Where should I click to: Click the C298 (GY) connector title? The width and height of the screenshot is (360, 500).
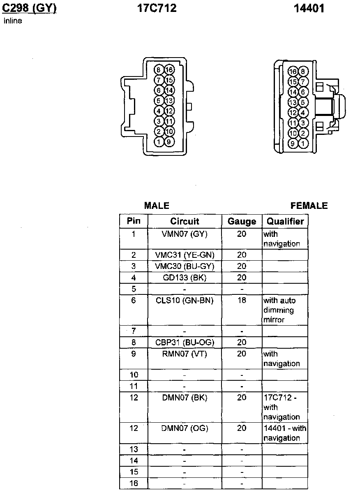29,8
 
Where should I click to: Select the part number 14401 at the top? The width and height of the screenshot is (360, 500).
309,8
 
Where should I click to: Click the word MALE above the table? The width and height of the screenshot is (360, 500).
157,206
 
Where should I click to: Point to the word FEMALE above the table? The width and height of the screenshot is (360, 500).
309,206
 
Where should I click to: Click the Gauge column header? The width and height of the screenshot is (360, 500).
242,222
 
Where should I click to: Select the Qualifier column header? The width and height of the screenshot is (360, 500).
285,222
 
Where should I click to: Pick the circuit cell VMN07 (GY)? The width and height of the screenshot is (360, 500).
185,234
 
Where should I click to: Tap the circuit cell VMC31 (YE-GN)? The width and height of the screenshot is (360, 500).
185,255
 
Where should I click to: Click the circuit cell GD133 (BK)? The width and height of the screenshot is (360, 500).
185,278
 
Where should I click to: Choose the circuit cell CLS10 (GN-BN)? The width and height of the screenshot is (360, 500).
185,301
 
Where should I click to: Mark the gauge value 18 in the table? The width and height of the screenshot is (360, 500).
242,301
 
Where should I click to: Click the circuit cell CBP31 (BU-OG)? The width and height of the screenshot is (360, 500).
185,343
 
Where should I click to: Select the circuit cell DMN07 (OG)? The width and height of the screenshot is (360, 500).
185,428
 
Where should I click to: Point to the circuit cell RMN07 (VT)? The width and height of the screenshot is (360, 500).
185,354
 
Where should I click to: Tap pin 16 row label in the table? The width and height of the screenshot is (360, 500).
134,484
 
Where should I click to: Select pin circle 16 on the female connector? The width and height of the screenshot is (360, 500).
293,72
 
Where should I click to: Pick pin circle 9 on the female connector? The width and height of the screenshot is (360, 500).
293,144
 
